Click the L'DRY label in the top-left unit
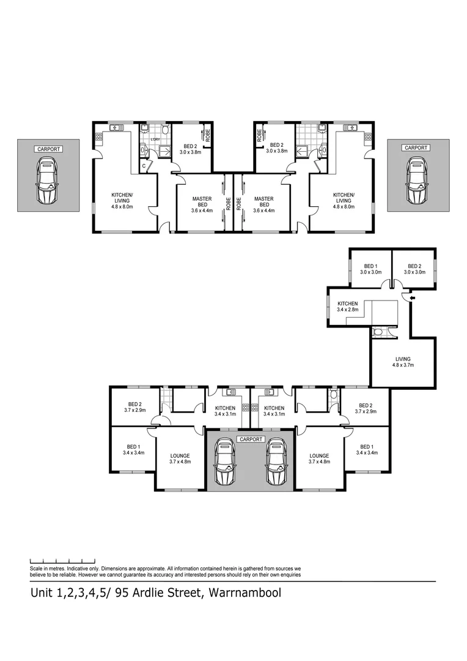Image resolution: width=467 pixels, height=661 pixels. (155, 141)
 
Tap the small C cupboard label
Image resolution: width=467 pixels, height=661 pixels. (144, 165)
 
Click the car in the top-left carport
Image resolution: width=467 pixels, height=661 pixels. (47, 181)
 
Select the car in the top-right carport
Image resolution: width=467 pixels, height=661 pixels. (417, 181)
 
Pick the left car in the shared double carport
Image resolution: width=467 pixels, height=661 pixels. (224, 463)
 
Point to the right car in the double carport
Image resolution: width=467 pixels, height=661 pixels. (276, 463)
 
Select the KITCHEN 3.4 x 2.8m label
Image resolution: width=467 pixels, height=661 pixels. (347, 307)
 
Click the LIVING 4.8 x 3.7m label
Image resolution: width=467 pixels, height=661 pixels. (403, 362)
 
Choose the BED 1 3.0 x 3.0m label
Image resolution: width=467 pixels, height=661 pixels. (370, 269)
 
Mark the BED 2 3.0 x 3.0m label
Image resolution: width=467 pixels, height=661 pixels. (414, 269)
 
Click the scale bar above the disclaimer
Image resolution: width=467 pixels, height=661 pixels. (62, 560)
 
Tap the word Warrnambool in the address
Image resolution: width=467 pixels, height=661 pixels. (245, 593)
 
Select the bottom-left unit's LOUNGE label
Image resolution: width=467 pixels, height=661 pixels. (180, 458)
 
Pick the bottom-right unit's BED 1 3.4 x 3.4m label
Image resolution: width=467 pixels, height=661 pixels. (369, 450)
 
